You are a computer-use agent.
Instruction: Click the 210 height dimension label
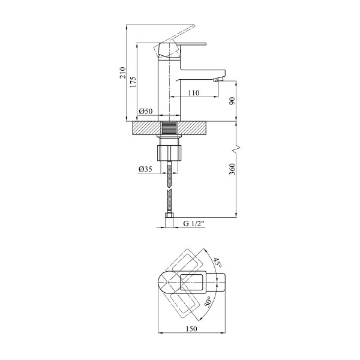122,73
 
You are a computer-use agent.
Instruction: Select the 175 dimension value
133,82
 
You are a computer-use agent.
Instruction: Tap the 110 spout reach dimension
194,93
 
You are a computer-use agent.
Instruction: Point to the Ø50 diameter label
146,112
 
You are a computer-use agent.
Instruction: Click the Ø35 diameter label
145,169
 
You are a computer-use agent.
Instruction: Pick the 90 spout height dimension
232,101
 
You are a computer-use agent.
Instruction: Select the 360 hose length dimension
232,169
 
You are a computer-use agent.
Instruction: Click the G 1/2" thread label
194,223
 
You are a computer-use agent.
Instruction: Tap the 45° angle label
217,262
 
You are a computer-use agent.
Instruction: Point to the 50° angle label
208,302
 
